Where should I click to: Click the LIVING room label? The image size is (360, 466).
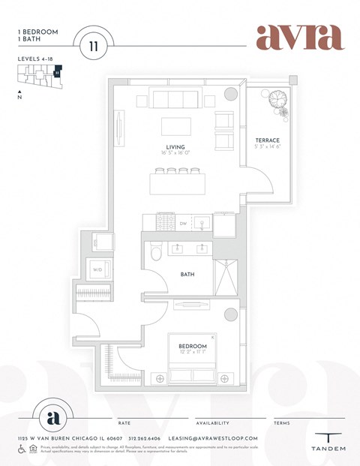(x=175, y=147)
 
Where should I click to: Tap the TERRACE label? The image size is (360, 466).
(x=267, y=140)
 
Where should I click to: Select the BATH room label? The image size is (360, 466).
(x=187, y=275)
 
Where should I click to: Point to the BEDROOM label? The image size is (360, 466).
(x=193, y=346)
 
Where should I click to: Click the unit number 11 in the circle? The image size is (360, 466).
(x=93, y=46)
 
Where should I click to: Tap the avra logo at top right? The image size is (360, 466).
(x=299, y=38)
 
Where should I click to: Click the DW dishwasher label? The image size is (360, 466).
(x=182, y=224)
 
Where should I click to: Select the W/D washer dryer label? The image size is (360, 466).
(x=97, y=270)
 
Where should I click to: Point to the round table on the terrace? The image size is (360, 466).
(x=277, y=99)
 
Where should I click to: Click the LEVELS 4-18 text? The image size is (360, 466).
(x=37, y=58)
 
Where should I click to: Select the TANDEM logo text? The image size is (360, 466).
(x=328, y=449)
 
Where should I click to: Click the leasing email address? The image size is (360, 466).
(x=214, y=437)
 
